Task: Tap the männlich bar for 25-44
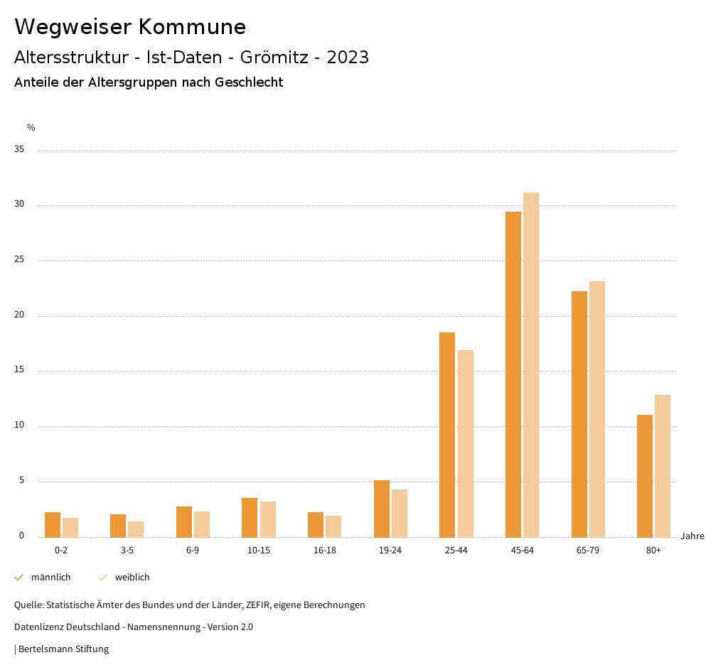click(x=447, y=435)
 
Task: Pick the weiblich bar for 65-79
click(x=597, y=409)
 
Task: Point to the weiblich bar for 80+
click(x=663, y=466)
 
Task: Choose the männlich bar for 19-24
click(x=382, y=509)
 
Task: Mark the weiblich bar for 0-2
click(x=70, y=527)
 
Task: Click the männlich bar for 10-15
click(x=250, y=517)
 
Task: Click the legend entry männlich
click(x=50, y=578)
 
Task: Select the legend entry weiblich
click(x=132, y=578)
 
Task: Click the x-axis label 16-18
click(x=324, y=551)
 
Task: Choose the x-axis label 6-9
click(x=193, y=551)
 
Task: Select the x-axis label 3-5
click(x=127, y=551)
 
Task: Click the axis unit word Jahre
click(x=692, y=536)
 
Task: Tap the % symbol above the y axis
click(x=31, y=128)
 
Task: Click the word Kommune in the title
click(x=192, y=27)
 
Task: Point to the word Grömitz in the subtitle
click(x=274, y=58)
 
